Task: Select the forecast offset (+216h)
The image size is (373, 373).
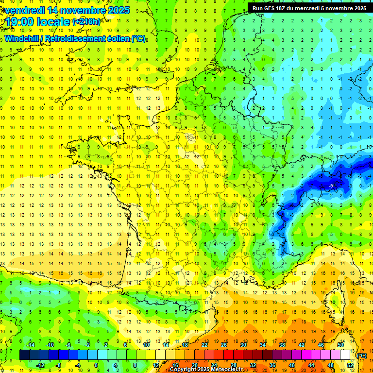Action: pyautogui.click(x=86, y=22)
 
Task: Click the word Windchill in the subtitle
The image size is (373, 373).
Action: pyautogui.click(x=21, y=38)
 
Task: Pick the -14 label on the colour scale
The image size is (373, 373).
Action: pyautogui.click(x=30, y=345)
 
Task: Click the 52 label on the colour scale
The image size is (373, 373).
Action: pyautogui.click(x=350, y=365)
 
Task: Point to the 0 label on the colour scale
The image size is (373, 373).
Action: pyautogui.click(x=96, y=365)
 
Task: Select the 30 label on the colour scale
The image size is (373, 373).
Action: pyautogui.click(x=243, y=345)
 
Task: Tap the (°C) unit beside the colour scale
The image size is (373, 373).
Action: pyautogui.click(x=361, y=355)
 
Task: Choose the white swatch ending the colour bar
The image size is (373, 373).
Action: pyautogui.click(x=345, y=355)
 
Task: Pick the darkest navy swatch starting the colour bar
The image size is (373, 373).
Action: pyautogui.click(x=24, y=355)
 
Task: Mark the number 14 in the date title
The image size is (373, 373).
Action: pyautogui.click(x=54, y=10)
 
